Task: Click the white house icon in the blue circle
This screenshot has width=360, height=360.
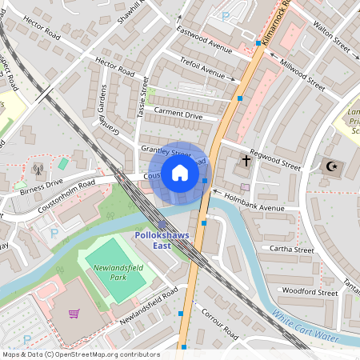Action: point(180,173)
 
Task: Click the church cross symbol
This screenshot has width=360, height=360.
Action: point(246,162)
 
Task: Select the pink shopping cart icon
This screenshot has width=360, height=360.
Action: point(74,313)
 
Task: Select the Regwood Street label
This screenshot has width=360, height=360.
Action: point(274,158)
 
